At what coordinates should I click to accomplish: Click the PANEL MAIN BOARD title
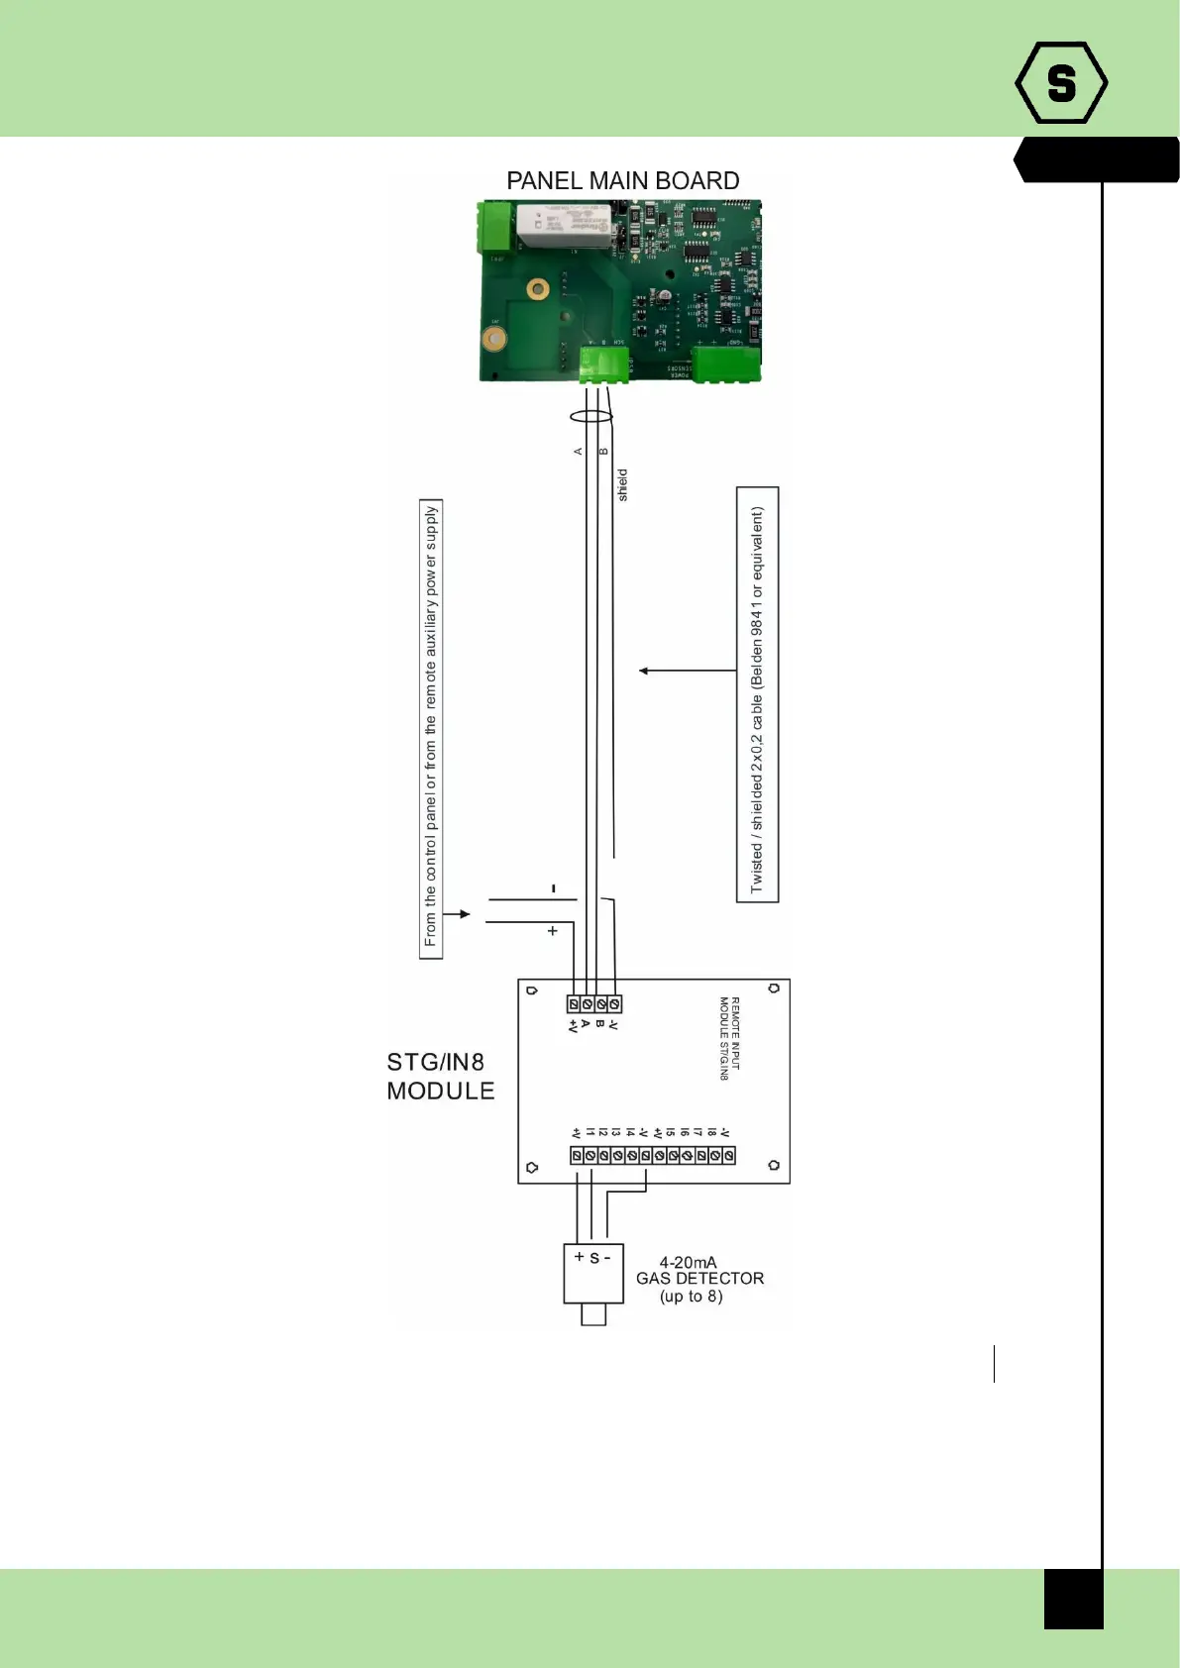(622, 180)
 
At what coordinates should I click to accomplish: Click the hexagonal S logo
(1061, 83)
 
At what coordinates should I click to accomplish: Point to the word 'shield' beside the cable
(622, 485)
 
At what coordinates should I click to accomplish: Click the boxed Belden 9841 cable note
(757, 694)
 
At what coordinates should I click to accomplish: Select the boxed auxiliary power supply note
(431, 728)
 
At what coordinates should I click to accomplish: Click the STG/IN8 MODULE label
(440, 1077)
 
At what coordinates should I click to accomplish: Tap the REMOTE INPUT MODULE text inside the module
(729, 1038)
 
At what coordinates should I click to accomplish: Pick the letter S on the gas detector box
(594, 1258)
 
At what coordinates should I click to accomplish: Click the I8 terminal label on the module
(711, 1132)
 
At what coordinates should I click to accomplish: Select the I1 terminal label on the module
(590, 1132)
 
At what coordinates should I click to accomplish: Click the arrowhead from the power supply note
(465, 914)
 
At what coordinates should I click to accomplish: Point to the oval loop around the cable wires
(591, 417)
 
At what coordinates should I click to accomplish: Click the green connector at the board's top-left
(496, 228)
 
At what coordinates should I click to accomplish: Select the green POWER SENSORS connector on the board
(726, 365)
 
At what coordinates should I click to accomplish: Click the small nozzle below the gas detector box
(593, 1314)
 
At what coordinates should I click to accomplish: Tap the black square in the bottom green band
(1073, 1599)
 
